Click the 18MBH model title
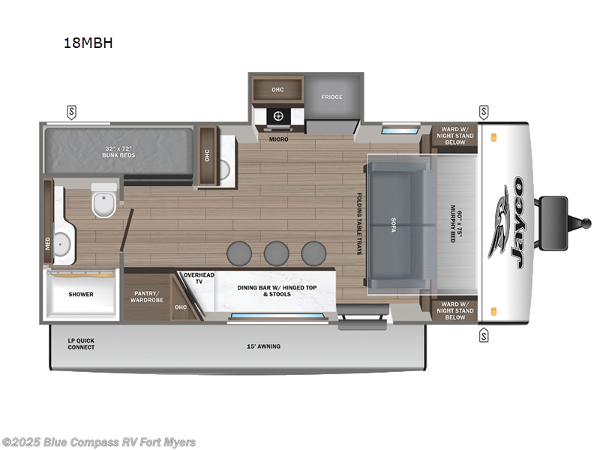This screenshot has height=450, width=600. click(88, 43)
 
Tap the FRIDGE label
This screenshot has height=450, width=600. click(332, 97)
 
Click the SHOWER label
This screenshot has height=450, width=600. click(81, 294)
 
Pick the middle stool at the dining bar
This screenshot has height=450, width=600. click(276, 253)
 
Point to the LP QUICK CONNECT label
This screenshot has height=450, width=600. click(80, 343)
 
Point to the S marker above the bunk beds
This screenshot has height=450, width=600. click(72, 112)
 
